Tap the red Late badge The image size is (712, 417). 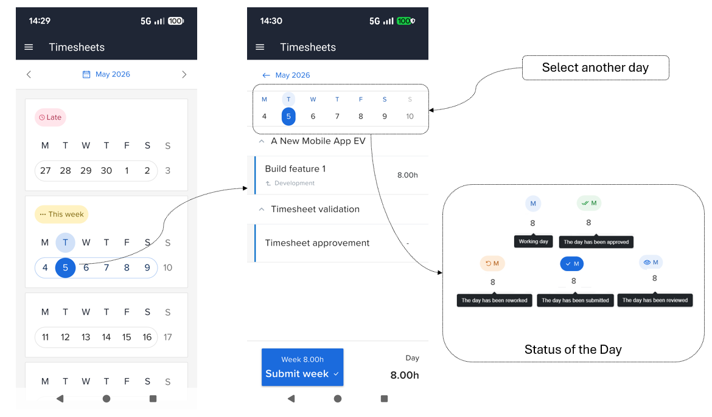(51, 117)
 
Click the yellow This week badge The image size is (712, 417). (61, 214)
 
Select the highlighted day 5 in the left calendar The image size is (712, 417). (65, 267)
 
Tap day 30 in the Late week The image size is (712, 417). (106, 171)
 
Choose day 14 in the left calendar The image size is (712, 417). (106, 337)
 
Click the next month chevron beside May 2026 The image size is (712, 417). (184, 74)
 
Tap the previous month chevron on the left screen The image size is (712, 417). (29, 74)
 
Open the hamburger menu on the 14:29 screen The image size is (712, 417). (29, 47)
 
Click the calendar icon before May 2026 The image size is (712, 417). (86, 74)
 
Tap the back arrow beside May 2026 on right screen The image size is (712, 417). (266, 75)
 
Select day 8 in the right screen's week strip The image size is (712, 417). (360, 117)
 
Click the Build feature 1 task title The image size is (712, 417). (295, 169)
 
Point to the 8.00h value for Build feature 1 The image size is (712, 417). (407, 175)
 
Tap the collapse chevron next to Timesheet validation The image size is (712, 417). (262, 209)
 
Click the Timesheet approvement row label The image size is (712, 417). (317, 243)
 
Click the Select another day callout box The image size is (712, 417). (595, 67)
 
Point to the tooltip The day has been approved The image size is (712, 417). (596, 242)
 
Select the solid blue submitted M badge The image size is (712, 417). (571, 264)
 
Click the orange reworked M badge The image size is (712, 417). (492, 263)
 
